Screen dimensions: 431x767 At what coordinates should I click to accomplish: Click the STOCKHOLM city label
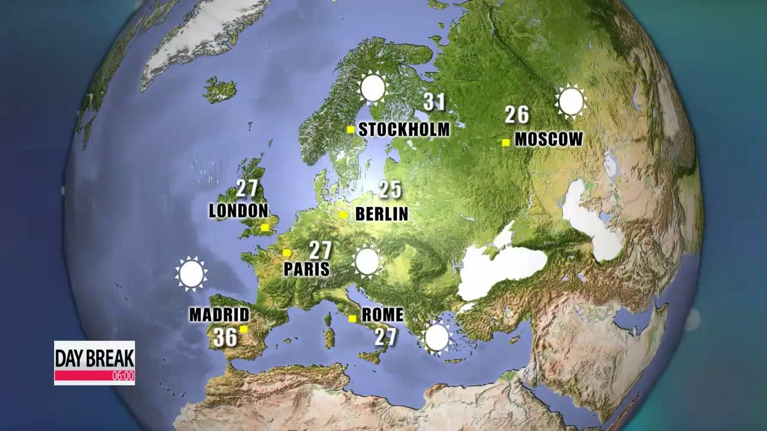(x=403, y=129)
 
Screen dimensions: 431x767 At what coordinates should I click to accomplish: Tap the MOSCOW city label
(x=548, y=139)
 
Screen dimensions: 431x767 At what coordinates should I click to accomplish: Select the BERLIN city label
(x=381, y=214)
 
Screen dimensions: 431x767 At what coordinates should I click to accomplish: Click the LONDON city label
(x=238, y=211)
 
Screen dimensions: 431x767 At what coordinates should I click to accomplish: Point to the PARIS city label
(x=306, y=269)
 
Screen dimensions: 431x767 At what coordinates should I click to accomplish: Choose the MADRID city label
(x=219, y=315)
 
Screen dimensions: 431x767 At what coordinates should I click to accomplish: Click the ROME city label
(x=382, y=315)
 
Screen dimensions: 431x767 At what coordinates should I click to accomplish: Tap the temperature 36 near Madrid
(x=225, y=338)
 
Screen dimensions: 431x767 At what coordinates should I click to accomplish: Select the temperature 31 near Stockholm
(x=434, y=102)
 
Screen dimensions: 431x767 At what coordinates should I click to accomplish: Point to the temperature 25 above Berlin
(x=389, y=190)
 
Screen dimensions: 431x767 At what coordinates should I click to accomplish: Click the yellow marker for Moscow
(x=506, y=142)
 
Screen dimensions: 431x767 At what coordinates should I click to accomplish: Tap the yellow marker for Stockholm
(x=351, y=129)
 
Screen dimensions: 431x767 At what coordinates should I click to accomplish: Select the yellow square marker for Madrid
(x=243, y=329)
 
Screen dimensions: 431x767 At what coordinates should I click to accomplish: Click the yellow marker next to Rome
(x=352, y=318)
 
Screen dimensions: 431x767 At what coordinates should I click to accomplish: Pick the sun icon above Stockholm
(x=373, y=89)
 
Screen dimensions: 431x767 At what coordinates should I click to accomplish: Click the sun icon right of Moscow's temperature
(x=570, y=101)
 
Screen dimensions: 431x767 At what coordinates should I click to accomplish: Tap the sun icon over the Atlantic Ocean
(x=191, y=274)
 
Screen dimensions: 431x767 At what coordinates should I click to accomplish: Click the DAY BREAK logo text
(x=94, y=357)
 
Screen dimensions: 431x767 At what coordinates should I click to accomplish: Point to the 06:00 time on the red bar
(x=123, y=377)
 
